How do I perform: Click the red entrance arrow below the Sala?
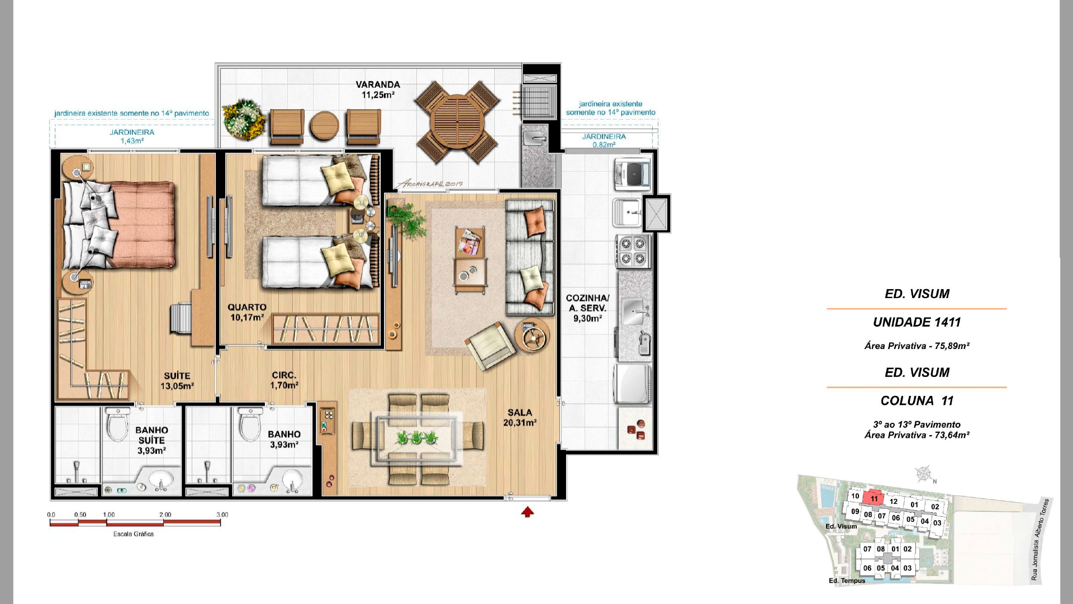tap(528, 512)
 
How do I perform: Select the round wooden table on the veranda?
tap(457, 122)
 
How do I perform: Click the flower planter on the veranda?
tap(244, 119)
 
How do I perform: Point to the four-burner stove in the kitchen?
tap(633, 251)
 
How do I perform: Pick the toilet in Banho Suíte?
tap(117, 424)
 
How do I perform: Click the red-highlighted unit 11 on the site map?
tap(874, 498)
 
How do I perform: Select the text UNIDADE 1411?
tap(917, 322)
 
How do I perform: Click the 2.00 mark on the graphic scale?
tap(165, 515)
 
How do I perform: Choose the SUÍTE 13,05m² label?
tap(177, 381)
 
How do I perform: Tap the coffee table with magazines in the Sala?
tap(470, 260)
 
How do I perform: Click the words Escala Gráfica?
tap(134, 534)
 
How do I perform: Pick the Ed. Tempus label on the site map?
tap(847, 581)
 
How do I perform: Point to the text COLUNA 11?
tap(917, 400)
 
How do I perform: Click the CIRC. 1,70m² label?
tap(284, 380)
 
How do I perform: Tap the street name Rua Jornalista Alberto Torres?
tap(1041, 540)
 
